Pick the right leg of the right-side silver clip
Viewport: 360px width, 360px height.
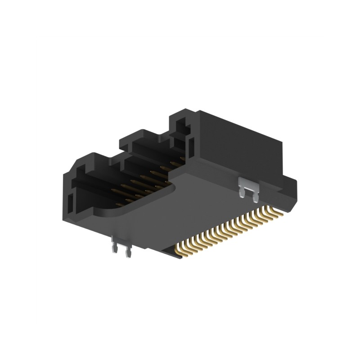pos(256,197)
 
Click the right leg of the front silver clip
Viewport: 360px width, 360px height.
pos(128,254)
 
